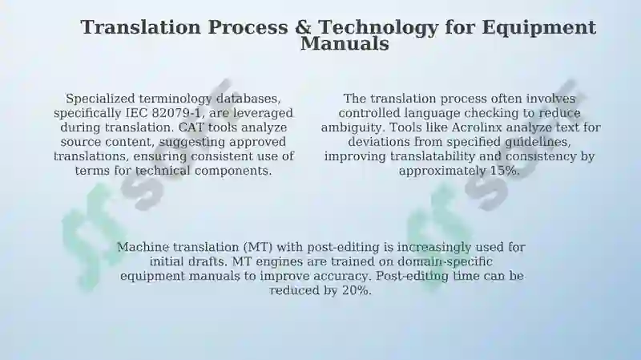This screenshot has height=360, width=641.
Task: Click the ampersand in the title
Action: click(303, 27)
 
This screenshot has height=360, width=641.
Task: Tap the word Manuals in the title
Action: click(345, 44)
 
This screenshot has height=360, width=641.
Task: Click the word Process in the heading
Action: click(248, 28)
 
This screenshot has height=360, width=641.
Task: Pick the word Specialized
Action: click(101, 99)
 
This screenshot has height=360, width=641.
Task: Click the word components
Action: click(233, 171)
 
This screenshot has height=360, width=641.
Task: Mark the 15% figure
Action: click(505, 171)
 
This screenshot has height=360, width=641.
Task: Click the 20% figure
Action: click(357, 290)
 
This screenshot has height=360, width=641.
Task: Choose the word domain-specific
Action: click(445, 262)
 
